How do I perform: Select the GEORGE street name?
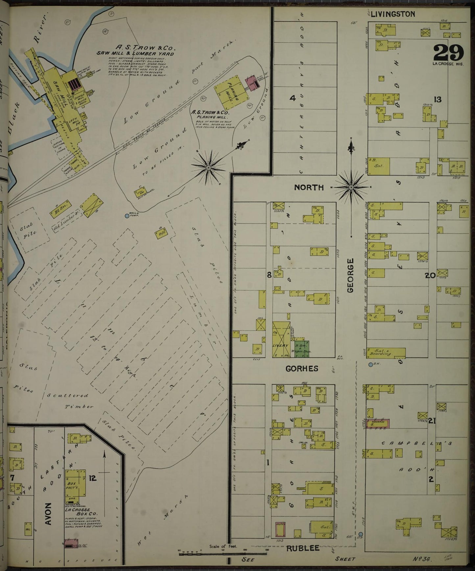350,275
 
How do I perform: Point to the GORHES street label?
302,369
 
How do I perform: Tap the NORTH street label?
309,188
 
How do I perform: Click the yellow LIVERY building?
281,339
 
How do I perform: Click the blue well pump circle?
127,216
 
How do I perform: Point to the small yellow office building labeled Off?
161,233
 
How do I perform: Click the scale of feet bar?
214,555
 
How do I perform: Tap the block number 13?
437,100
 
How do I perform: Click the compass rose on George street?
351,187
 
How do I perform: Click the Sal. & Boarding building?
386,353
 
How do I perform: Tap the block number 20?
430,276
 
